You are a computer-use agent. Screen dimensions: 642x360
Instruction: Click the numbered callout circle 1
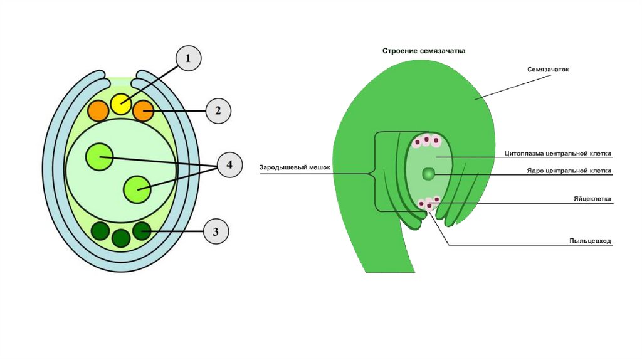pos(188,60)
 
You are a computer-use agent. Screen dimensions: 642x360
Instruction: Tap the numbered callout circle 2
pos(218,111)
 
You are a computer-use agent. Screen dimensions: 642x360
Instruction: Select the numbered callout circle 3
pos(216,232)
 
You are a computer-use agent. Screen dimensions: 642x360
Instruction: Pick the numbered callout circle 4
pos(229,165)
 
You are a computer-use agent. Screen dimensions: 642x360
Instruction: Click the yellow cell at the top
pos(121,104)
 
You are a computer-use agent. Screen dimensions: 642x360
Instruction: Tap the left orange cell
pos(98,110)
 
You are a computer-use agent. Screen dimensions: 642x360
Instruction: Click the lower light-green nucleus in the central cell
pos(137,189)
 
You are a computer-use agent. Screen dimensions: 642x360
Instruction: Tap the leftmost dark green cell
pos(101,231)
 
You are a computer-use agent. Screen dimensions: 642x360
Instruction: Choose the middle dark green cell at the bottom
pos(121,237)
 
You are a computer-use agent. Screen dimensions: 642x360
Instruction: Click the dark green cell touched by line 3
pos(142,231)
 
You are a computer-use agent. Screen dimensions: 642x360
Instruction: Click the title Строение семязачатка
pos(424,51)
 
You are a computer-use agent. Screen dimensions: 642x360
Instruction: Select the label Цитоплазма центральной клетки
pos(557,153)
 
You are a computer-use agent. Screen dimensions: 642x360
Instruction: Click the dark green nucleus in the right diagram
pos(428,173)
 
